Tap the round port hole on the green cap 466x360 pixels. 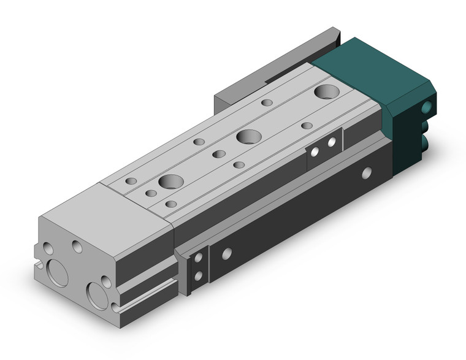pos(427,107)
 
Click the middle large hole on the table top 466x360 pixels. pos(248,136)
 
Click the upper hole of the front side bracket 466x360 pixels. pos(198,261)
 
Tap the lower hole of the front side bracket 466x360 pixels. pos(198,276)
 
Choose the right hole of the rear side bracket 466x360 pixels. pos(332,142)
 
